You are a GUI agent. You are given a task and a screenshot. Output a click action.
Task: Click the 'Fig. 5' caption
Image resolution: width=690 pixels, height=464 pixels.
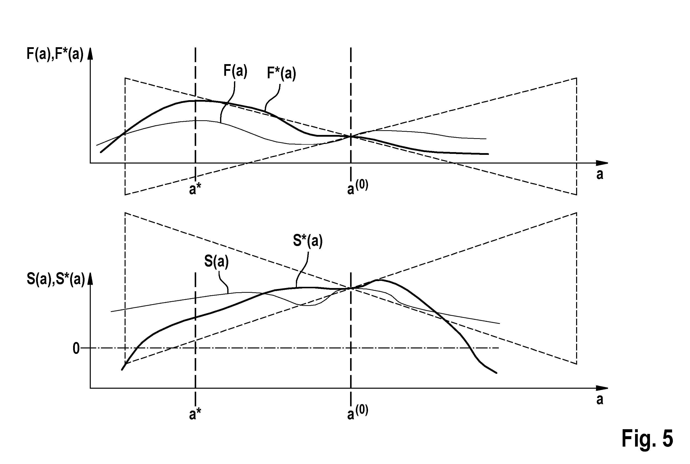coord(647,439)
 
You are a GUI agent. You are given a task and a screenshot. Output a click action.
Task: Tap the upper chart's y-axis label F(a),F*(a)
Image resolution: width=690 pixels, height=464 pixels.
coord(55,54)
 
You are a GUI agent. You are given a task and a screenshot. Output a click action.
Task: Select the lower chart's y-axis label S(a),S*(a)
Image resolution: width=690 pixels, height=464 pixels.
coord(56,279)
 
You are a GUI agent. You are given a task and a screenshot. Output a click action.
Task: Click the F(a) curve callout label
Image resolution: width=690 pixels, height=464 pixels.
coord(235,71)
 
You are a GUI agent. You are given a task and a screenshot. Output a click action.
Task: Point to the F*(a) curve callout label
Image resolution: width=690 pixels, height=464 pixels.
coord(281,73)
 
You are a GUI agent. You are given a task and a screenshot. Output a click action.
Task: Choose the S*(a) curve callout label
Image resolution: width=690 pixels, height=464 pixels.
coord(308,241)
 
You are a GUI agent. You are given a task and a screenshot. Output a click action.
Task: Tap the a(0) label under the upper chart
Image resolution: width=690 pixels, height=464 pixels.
coord(358,187)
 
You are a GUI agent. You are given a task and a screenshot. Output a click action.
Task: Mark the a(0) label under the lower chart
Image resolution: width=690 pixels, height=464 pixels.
coord(358,412)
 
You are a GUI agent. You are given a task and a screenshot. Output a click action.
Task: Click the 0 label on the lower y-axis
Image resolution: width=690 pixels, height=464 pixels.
coord(76,349)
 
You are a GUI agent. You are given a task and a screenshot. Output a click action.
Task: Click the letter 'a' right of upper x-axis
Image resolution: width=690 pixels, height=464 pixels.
coord(600,175)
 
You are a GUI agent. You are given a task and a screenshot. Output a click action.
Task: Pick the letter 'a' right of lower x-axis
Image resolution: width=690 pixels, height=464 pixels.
coord(600,399)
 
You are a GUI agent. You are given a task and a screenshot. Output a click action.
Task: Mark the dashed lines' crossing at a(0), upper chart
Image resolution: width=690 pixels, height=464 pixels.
coord(351,136)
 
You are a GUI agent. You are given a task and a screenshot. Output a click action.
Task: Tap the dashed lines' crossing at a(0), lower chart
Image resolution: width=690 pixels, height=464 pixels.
coord(351,288)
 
